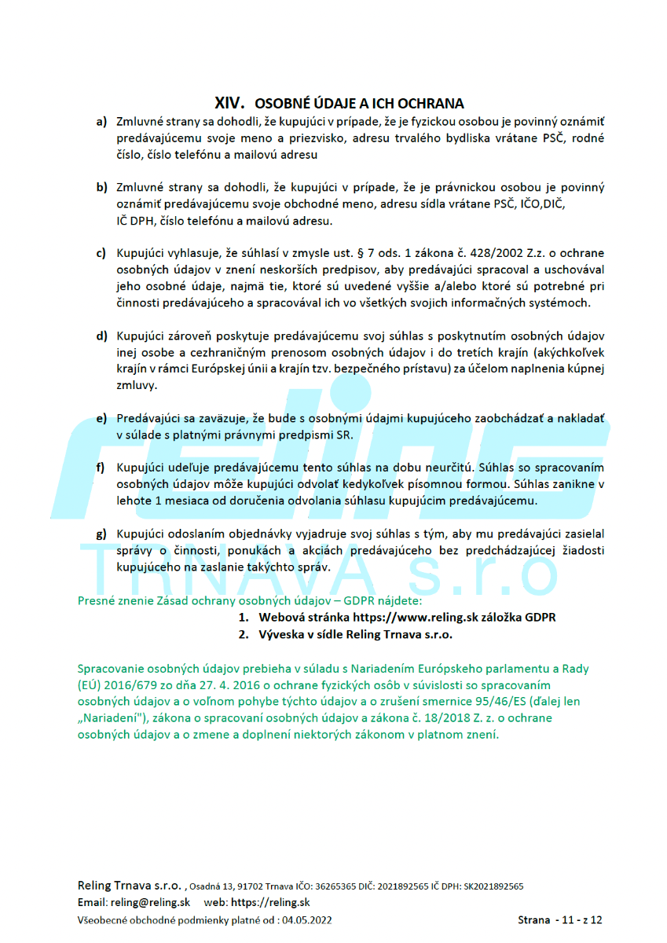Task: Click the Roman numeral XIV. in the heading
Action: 230,103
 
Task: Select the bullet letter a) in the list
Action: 101,122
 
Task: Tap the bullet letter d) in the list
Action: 101,336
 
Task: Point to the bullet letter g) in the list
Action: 101,534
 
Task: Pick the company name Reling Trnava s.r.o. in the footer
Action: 130,885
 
